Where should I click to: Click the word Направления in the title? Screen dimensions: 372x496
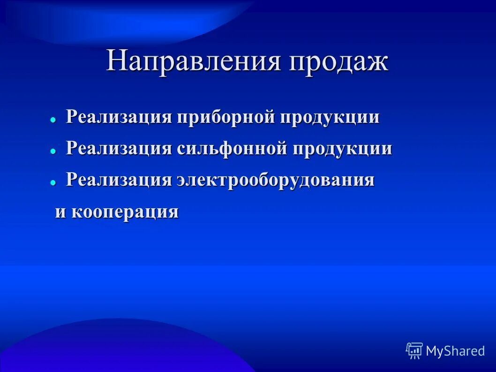click(x=194, y=61)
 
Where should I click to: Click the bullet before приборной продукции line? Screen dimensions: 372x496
click(x=53, y=120)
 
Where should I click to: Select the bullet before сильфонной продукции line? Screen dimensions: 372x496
click(x=53, y=151)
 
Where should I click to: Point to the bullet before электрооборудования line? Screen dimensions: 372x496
click(x=53, y=182)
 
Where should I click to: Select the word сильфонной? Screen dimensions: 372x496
click(x=233, y=149)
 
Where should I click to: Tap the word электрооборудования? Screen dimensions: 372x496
click(x=275, y=180)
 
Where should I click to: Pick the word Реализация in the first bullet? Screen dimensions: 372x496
click(x=119, y=117)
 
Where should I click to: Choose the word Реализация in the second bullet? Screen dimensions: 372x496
click(x=119, y=149)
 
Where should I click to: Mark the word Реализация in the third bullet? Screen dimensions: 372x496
click(x=119, y=180)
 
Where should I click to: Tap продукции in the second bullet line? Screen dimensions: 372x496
click(x=343, y=149)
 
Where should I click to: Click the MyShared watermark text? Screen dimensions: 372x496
click(x=455, y=351)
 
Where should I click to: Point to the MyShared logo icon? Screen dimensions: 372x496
click(x=414, y=350)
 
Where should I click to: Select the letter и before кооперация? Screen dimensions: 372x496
click(x=60, y=212)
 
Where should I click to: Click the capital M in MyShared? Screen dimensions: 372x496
click(x=432, y=351)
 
